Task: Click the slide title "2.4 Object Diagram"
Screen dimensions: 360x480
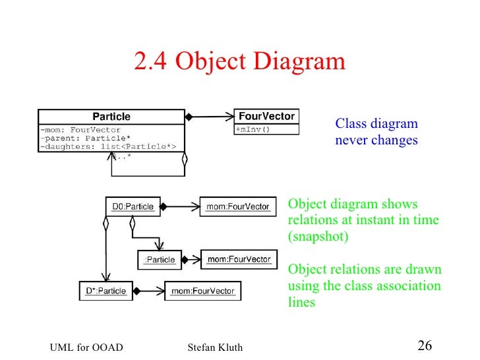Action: coord(239,62)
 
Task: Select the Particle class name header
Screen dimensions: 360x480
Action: coord(111,117)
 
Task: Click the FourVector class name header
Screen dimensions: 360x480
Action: coord(266,116)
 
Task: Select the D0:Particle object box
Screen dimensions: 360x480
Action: coord(133,206)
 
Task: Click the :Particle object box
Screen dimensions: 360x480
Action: coord(160,260)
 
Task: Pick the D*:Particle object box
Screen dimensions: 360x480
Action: coord(105,289)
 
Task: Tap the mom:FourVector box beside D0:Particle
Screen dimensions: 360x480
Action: coord(238,206)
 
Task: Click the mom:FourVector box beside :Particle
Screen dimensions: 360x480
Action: coord(239,259)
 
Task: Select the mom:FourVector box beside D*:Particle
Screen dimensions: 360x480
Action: coord(202,289)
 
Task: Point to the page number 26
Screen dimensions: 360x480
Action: coord(425,345)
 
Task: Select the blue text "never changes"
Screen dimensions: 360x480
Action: coord(376,140)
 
